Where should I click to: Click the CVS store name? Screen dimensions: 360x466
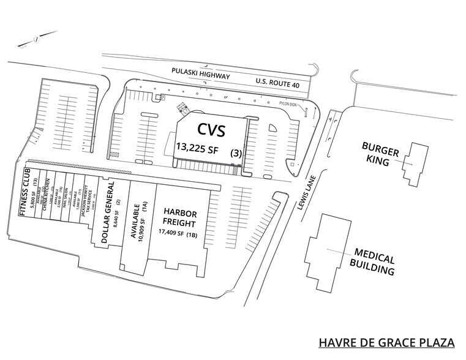point(211,130)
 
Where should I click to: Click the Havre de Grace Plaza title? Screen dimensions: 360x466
point(389,343)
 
